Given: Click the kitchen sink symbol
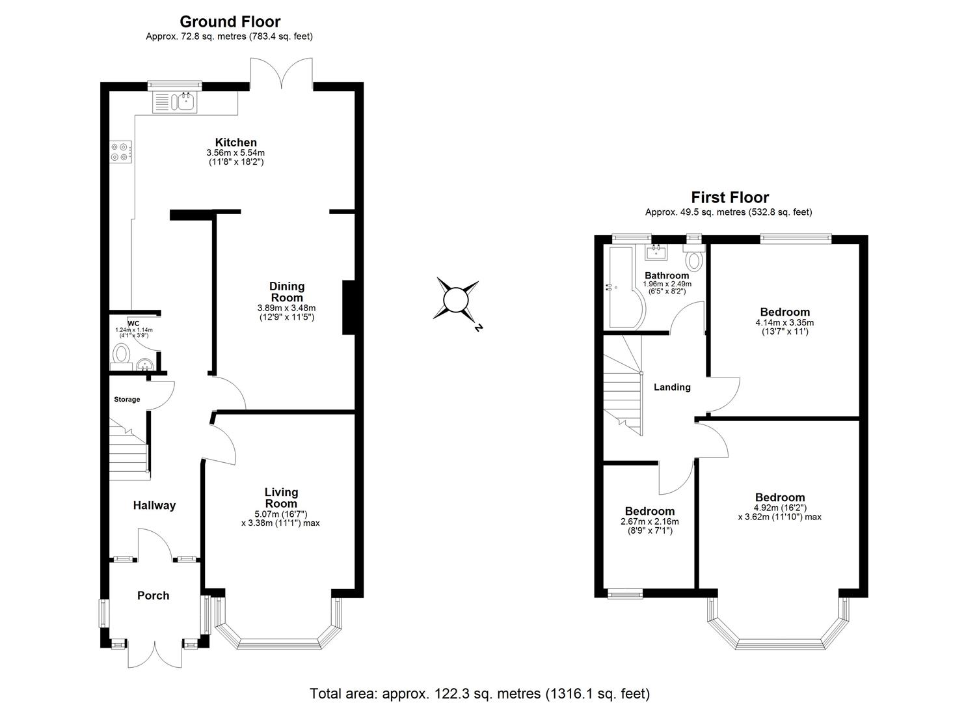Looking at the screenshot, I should [174, 102].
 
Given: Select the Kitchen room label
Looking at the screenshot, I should [235, 143].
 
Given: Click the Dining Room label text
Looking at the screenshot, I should [287, 292].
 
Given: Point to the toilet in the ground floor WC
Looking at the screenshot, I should [121, 355].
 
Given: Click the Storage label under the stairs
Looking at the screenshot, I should [127, 400].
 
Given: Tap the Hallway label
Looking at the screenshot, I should [154, 505].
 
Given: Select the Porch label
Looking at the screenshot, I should [153, 596].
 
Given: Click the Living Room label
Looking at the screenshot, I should [281, 498].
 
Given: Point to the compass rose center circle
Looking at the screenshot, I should [455, 300].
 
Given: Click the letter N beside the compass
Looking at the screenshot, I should [478, 329].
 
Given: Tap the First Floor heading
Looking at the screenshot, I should [729, 197].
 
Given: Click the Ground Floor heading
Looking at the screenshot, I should [230, 21].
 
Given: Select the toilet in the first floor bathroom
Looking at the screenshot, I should [693, 259].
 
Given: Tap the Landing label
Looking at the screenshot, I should [672, 387].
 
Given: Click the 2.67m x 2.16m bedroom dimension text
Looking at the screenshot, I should [649, 521].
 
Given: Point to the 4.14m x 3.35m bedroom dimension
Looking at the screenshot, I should [784, 322].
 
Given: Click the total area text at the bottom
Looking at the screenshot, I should [479, 693].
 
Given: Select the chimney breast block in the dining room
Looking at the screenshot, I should [348, 308].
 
